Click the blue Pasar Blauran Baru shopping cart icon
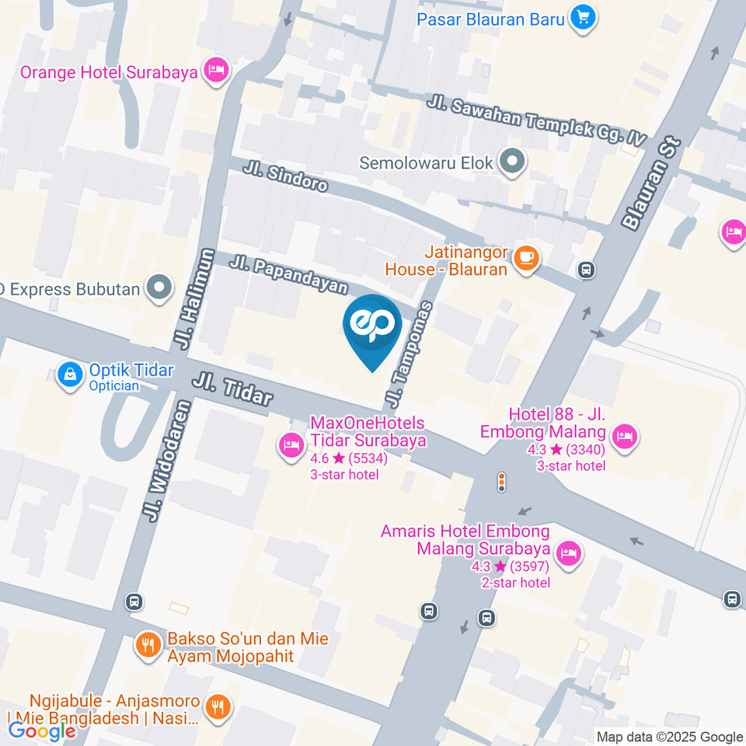582,17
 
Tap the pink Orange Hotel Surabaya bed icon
216,71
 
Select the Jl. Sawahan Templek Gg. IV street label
536,120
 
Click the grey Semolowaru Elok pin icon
512,162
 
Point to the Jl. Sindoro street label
285,177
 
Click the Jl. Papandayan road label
288,275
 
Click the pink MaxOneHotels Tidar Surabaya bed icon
291,446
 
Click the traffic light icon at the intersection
501,483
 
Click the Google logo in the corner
41,730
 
